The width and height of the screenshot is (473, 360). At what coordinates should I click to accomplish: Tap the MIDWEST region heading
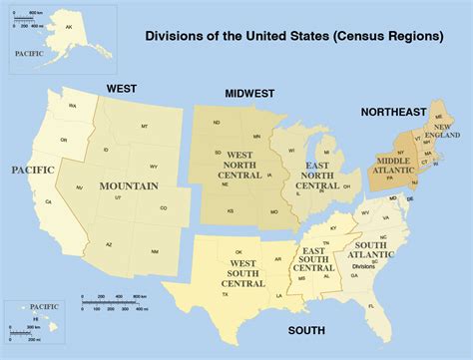[249, 93]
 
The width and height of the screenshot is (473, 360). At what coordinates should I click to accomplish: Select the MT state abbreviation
[145, 127]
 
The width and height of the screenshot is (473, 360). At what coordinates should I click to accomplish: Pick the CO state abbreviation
[164, 208]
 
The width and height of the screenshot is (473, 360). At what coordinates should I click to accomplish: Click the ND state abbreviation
[217, 123]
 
